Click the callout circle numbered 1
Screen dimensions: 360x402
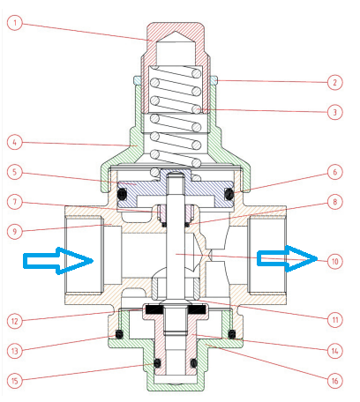tap(15, 23)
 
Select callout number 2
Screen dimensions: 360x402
tap(334, 82)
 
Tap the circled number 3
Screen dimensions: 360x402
tap(334, 112)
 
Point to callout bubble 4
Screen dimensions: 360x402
tap(15, 143)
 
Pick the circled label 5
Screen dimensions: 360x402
tap(15, 172)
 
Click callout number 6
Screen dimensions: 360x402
tap(334, 172)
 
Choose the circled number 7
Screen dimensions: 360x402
tap(15, 202)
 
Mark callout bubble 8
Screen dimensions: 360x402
tap(334, 202)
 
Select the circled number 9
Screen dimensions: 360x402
tap(15, 232)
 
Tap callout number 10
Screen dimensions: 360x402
tap(334, 261)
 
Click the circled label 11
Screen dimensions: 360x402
tap(334, 320)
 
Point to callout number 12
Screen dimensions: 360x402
tap(15, 321)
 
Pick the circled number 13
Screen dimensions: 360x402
tap(15, 351)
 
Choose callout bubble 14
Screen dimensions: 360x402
tap(334, 351)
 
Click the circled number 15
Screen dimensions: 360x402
tap(15, 381)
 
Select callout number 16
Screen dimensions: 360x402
tap(334, 381)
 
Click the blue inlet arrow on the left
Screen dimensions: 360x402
tap(58, 261)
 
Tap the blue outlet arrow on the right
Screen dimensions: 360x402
tap(288, 258)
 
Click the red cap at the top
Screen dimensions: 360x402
tap(176, 29)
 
